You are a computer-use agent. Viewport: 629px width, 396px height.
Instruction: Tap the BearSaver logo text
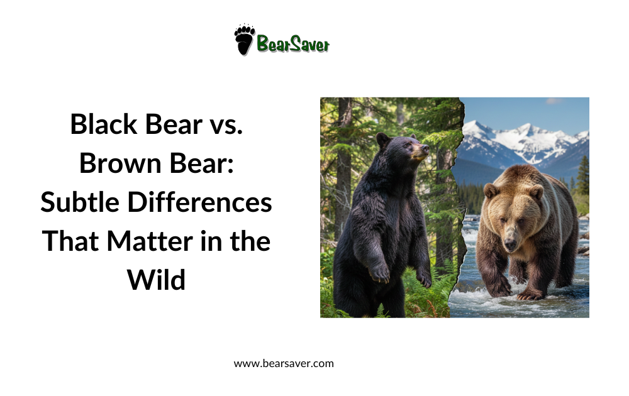coord(292,44)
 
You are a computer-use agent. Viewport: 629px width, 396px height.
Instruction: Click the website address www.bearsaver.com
coord(284,363)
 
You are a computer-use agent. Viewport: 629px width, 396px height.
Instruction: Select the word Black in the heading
coord(104,124)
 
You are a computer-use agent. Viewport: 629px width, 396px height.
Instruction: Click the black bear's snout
coord(421,151)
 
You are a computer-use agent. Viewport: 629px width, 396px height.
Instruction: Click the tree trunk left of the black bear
coord(343,163)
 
